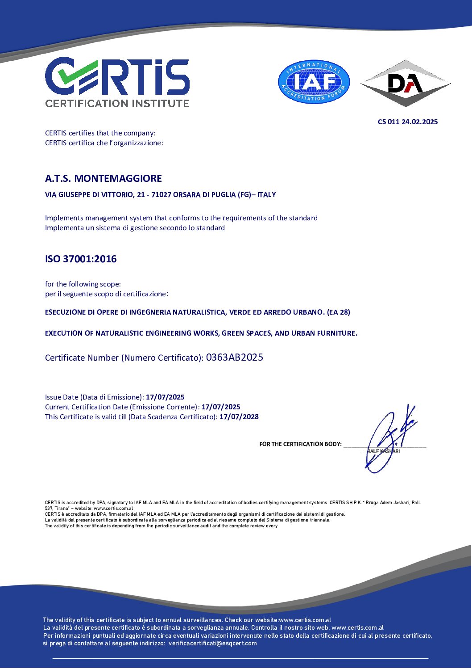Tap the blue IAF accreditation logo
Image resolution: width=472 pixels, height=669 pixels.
tap(314, 82)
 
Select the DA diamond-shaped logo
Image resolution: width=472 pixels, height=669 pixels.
tap(405, 83)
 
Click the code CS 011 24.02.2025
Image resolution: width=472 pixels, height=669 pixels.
tap(407, 122)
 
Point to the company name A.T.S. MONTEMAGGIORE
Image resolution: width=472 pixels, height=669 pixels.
tap(104, 178)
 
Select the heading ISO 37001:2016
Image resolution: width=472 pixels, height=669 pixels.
tap(81, 259)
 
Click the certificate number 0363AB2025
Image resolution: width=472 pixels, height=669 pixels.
tap(234, 358)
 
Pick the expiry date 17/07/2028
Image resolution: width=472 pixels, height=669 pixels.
tap(239, 417)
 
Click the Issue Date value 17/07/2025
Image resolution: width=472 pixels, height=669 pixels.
tap(165, 397)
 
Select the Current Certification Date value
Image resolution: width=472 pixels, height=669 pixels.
tap(221, 407)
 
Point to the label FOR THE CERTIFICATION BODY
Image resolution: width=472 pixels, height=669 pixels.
tap(300, 444)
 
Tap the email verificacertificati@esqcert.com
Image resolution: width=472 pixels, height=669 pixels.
tap(212, 644)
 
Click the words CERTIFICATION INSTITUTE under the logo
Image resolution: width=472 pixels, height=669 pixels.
tap(117, 103)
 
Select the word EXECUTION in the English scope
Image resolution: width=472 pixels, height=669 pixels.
tap(64, 333)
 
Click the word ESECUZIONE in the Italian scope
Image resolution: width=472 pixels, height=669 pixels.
tap(66, 312)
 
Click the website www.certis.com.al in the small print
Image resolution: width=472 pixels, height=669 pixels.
tap(113, 508)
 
